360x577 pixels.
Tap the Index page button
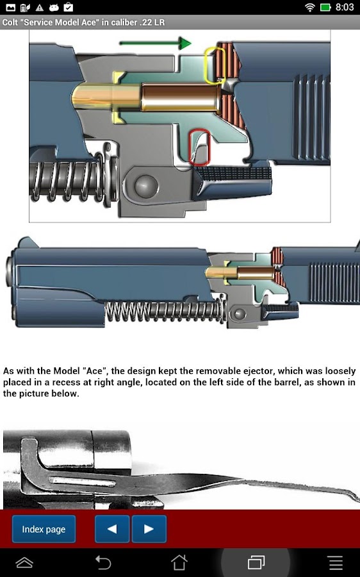click(x=44, y=529)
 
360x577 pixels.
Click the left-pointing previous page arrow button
click(x=112, y=529)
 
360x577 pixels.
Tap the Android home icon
click(x=179, y=562)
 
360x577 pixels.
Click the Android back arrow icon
click(x=103, y=562)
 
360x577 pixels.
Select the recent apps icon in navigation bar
click(x=256, y=562)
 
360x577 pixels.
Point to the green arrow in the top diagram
click(x=155, y=43)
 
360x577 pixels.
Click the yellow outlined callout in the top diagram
click(x=215, y=65)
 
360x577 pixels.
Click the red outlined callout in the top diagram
click(x=200, y=147)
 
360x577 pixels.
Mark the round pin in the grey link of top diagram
click(x=145, y=185)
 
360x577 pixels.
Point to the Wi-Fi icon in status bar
click(x=310, y=7)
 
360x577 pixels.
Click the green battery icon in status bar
click(x=325, y=7)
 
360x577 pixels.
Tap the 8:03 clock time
click(x=344, y=7)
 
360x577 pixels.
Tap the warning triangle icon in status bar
click(x=39, y=7)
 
